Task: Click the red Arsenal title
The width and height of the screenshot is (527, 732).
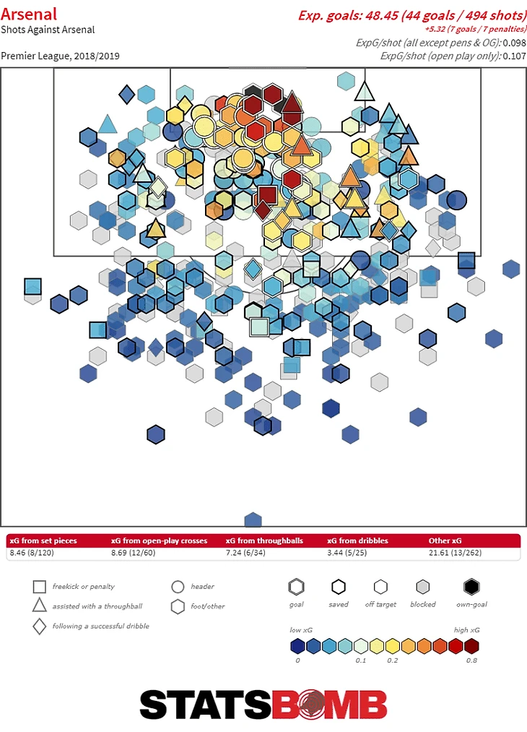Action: (x=29, y=14)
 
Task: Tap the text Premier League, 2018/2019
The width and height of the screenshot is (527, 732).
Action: (x=61, y=56)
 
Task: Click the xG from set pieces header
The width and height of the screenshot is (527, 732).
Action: (x=43, y=541)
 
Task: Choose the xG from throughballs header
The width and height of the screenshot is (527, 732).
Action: (x=263, y=541)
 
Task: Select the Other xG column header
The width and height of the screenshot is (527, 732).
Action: (x=445, y=541)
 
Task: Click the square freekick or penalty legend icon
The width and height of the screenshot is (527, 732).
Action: (x=40, y=587)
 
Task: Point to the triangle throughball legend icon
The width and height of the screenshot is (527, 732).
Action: (x=40, y=606)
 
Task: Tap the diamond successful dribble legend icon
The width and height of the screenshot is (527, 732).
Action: (x=40, y=626)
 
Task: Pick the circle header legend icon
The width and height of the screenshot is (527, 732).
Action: (x=178, y=587)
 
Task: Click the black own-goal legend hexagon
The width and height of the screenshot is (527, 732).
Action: (x=471, y=586)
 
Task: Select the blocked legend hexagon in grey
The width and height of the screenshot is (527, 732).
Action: (x=423, y=586)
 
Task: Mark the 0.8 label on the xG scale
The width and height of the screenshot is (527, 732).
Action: (x=471, y=660)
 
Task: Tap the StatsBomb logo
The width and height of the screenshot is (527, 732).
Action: (x=263, y=705)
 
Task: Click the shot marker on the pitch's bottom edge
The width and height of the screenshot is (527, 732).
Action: (x=253, y=520)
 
